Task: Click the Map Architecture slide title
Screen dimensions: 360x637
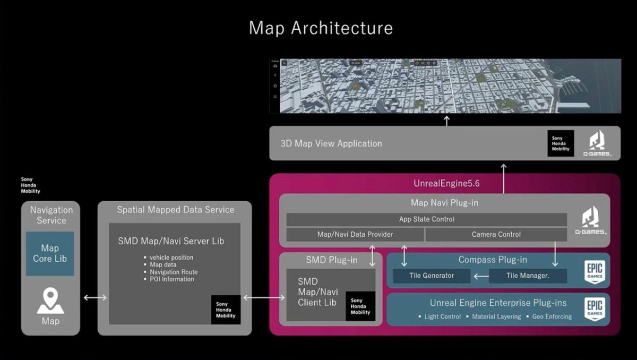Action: (321, 28)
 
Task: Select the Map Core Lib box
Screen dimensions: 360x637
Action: (50, 253)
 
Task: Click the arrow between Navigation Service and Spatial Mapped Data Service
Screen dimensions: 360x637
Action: (95, 298)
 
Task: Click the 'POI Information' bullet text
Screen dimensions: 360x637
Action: (171, 279)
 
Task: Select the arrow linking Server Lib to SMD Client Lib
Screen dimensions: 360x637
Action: (263, 298)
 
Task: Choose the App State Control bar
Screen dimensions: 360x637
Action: (426, 219)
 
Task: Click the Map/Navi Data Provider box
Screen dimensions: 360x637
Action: (355, 235)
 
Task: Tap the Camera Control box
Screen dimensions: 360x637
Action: (496, 235)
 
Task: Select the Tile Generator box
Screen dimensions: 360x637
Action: (432, 276)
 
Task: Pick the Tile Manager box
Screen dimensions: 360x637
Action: (528, 276)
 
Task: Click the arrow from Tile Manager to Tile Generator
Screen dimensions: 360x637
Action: (481, 276)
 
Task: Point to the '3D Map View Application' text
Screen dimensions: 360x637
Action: (331, 143)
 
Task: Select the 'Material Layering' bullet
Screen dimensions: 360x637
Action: (496, 316)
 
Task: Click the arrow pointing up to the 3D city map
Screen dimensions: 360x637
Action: (446, 121)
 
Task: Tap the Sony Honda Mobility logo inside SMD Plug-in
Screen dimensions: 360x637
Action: (360, 306)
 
